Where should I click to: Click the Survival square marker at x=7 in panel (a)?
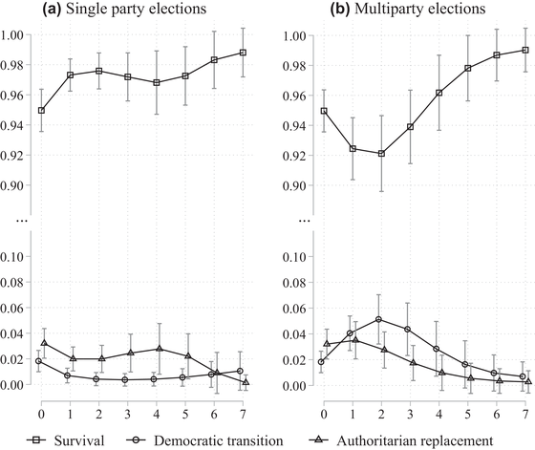point(244,53)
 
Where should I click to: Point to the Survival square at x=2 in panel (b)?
point(382,154)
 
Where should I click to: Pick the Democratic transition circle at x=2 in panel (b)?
point(382,320)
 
